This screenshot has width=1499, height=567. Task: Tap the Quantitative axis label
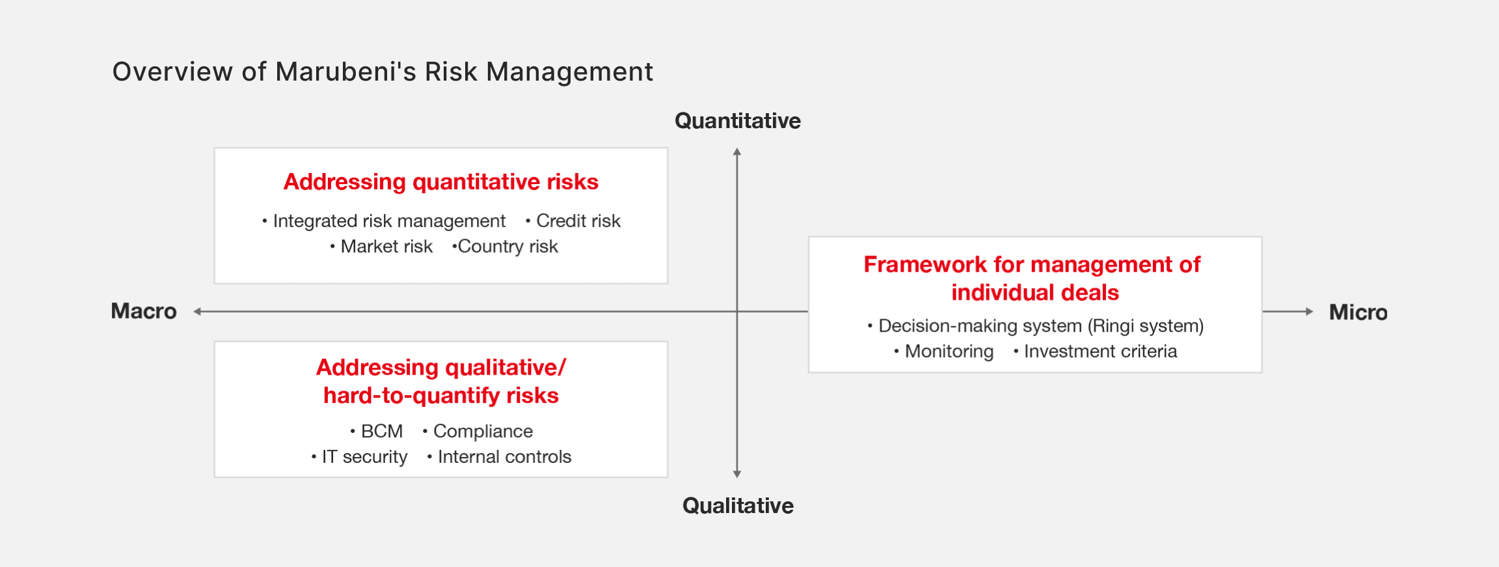tap(738, 121)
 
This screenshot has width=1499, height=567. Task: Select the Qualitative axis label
tap(738, 506)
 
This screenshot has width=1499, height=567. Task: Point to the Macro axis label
tap(144, 311)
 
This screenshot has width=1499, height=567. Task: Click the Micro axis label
tap(1358, 312)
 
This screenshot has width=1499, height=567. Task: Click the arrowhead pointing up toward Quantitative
tap(737, 152)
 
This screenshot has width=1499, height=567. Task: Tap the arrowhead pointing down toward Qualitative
tap(737, 474)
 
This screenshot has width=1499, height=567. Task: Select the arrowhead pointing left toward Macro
tap(198, 311)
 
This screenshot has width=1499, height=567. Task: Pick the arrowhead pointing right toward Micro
tap(1309, 311)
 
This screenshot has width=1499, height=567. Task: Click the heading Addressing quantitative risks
tap(441, 182)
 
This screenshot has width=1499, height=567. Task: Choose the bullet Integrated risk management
tap(384, 221)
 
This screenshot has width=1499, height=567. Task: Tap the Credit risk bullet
tap(573, 221)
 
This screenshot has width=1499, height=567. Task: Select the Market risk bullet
tap(381, 246)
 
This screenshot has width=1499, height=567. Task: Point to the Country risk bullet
tap(505, 246)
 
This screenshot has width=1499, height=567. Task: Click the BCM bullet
tap(377, 431)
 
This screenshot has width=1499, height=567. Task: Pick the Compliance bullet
tap(478, 431)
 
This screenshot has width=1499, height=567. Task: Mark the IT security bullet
tap(359, 457)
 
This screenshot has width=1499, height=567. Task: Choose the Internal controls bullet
tap(499, 457)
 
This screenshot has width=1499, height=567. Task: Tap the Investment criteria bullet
tap(1096, 351)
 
